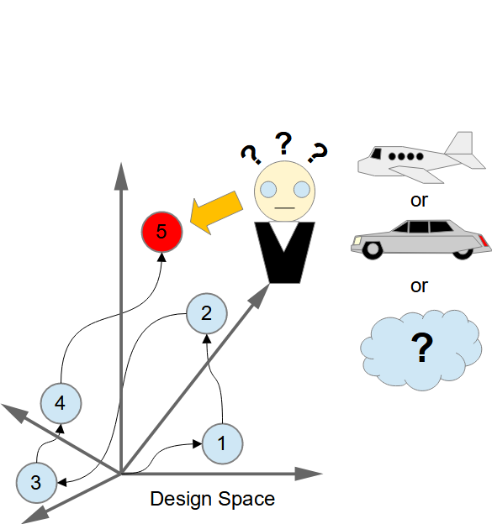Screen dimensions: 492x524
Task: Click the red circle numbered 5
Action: coord(162,232)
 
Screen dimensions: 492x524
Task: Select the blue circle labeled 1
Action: coord(223,443)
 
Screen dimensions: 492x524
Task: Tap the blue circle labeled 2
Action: coord(207,313)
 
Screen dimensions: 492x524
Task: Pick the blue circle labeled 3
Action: coord(36,483)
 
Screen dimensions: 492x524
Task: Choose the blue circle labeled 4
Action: coord(61,403)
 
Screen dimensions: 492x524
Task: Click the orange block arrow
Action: coord(216,212)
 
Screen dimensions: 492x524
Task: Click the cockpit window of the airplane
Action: coord(376,154)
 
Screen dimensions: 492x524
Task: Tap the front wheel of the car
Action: coord(373,249)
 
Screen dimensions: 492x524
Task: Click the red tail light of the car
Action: coord(484,241)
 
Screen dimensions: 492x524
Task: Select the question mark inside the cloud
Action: coord(422,348)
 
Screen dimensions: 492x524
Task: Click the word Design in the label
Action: coord(181,500)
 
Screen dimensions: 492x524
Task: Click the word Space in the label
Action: coord(246,500)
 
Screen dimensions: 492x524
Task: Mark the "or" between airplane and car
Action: coord(419,201)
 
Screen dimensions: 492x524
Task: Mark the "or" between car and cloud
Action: coord(419,286)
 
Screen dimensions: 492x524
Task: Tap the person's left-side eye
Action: coord(268,190)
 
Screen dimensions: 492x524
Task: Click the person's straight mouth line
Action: coord(285,208)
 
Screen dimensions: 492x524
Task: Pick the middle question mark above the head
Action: coord(283,143)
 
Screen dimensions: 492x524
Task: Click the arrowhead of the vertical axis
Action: coord(121,176)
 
